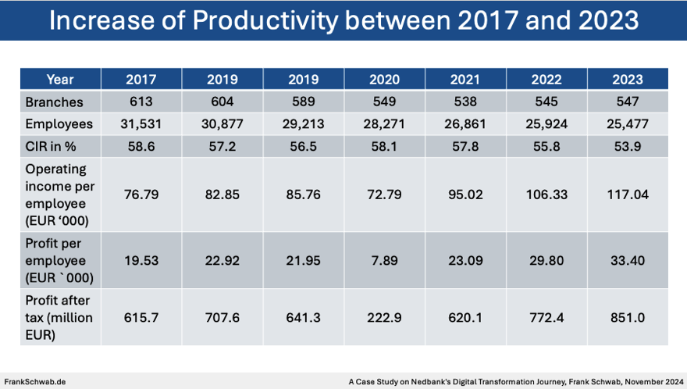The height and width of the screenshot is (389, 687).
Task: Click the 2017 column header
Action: click(141, 79)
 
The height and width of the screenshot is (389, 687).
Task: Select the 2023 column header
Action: click(628, 79)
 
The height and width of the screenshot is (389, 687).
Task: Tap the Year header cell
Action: click(60, 79)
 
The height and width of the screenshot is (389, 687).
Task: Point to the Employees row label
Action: click(59, 124)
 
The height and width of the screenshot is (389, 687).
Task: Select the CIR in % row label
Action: click(52, 146)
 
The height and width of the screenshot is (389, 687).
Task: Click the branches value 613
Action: click(141, 102)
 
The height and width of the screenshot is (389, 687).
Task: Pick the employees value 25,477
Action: click(628, 124)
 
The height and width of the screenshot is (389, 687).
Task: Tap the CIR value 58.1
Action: click(384, 146)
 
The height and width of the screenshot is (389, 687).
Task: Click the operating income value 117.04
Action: click(628, 194)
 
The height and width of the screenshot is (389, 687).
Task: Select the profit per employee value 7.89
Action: click(384, 260)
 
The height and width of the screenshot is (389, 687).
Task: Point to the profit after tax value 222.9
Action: click(384, 316)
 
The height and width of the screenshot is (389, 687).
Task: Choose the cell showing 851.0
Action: click(628, 316)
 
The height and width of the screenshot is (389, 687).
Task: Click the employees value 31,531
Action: click(141, 124)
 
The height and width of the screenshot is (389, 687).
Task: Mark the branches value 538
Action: click(465, 102)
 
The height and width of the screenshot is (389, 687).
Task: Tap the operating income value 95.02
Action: click(465, 194)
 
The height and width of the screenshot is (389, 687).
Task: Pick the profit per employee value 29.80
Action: click(546, 260)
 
